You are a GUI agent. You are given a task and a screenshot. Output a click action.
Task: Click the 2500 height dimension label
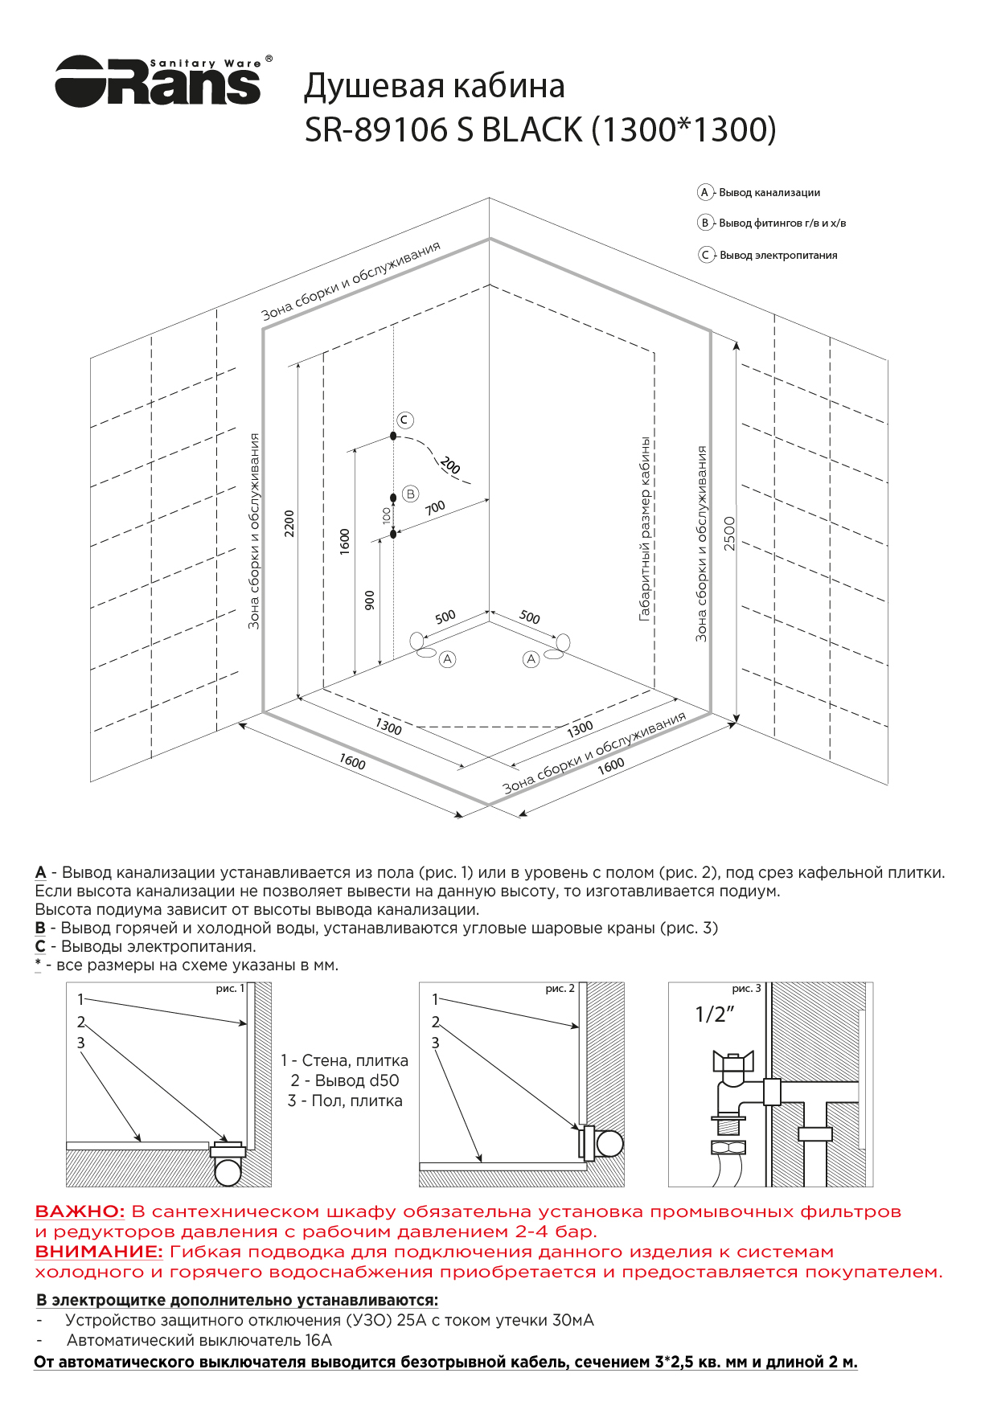click(x=729, y=533)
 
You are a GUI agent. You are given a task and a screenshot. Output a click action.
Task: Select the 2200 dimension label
click(x=289, y=523)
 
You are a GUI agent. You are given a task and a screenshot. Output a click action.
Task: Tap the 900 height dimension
click(x=370, y=600)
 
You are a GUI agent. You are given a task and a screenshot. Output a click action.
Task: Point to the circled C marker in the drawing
click(x=405, y=420)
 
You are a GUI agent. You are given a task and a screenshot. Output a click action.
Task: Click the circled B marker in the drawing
click(x=411, y=494)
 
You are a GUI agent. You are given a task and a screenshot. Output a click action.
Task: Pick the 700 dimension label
click(x=435, y=508)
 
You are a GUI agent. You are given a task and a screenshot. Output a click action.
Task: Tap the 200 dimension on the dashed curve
click(x=450, y=465)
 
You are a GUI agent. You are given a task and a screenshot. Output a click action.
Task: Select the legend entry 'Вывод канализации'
click(x=769, y=193)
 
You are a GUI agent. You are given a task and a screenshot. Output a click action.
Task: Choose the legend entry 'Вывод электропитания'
click(x=777, y=256)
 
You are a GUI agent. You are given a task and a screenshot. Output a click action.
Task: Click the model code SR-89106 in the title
click(x=377, y=130)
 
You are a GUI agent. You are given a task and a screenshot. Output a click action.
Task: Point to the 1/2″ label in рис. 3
click(x=715, y=1014)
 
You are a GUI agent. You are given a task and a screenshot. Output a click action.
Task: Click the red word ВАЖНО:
click(x=80, y=1211)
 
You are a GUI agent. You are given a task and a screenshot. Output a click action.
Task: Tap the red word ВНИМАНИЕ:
click(x=99, y=1252)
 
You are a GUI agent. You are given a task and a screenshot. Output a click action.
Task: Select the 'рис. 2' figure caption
click(x=560, y=989)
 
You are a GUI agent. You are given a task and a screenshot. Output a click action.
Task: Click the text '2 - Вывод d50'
click(x=345, y=1080)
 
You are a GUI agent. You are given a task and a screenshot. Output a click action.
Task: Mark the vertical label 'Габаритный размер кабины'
click(x=645, y=529)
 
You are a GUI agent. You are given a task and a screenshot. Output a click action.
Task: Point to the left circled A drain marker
click(x=448, y=659)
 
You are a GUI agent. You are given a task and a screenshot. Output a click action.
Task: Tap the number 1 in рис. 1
click(x=80, y=999)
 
